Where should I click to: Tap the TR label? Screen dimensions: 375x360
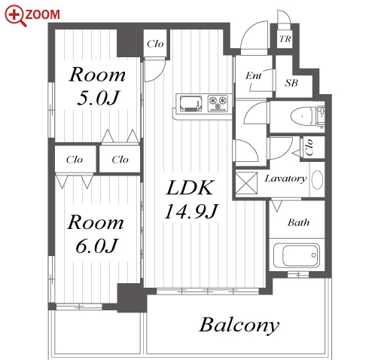pyautogui.click(x=285, y=39)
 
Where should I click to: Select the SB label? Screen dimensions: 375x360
pyautogui.click(x=291, y=83)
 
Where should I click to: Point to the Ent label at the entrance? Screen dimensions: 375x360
pyautogui.click(x=253, y=75)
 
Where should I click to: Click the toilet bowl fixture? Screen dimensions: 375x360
pyautogui.click(x=303, y=116)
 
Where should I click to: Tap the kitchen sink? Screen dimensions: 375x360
pyautogui.click(x=191, y=103)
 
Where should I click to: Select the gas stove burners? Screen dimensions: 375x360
pyautogui.click(x=218, y=102)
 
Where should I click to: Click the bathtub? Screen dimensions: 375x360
pyautogui.click(x=297, y=255)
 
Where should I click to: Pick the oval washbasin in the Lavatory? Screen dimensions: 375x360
pyautogui.click(x=317, y=180)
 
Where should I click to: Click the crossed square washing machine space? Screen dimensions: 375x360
pyautogui.click(x=246, y=183)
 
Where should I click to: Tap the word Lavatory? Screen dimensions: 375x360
pyautogui.click(x=285, y=178)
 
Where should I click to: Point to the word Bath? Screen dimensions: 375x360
pyautogui.click(x=298, y=222)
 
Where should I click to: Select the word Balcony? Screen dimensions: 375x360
pyautogui.click(x=239, y=325)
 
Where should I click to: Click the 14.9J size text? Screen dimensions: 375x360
pyautogui.click(x=191, y=211)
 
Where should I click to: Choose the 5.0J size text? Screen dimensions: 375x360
pyautogui.click(x=98, y=97)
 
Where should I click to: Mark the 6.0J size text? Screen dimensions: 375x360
pyautogui.click(x=96, y=246)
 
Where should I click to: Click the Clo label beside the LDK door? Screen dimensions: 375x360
pyautogui.click(x=155, y=44)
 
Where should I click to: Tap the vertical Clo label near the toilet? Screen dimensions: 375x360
pyautogui.click(x=309, y=147)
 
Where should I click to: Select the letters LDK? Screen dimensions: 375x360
pyautogui.click(x=190, y=188)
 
